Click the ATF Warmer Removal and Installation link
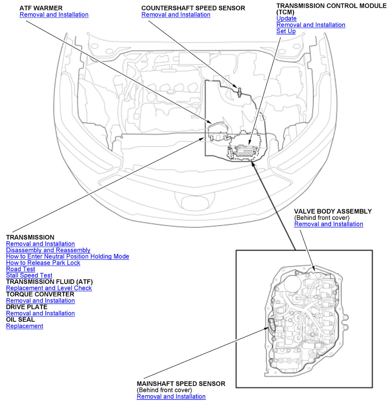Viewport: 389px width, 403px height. click(54, 15)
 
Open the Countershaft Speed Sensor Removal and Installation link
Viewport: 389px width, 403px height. click(176, 15)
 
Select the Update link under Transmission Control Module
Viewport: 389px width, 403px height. click(286, 18)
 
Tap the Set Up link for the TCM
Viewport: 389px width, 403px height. click(286, 31)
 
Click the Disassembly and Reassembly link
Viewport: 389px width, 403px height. click(48, 250)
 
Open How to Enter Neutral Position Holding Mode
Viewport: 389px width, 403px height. click(67, 256)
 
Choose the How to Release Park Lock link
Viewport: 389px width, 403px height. click(43, 263)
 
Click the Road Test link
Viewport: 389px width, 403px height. click(20, 269)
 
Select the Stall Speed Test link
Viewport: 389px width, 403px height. click(29, 275)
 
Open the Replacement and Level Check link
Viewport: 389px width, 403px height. click(49, 288)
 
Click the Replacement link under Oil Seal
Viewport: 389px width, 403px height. click(24, 326)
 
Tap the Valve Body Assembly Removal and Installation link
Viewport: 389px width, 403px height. click(328, 224)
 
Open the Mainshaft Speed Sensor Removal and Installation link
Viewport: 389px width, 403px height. click(171, 397)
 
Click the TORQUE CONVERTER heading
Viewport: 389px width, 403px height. click(40, 294)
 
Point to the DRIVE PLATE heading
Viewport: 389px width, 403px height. click(27, 307)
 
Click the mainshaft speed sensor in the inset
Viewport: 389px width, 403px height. click(272, 324)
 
